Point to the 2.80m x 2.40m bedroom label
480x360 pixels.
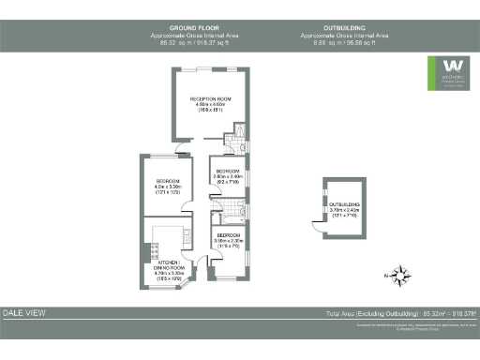tap(228, 171)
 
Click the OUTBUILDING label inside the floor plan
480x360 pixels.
tap(344, 203)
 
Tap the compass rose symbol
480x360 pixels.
tap(401, 275)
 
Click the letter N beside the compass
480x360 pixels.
tap(385, 276)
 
